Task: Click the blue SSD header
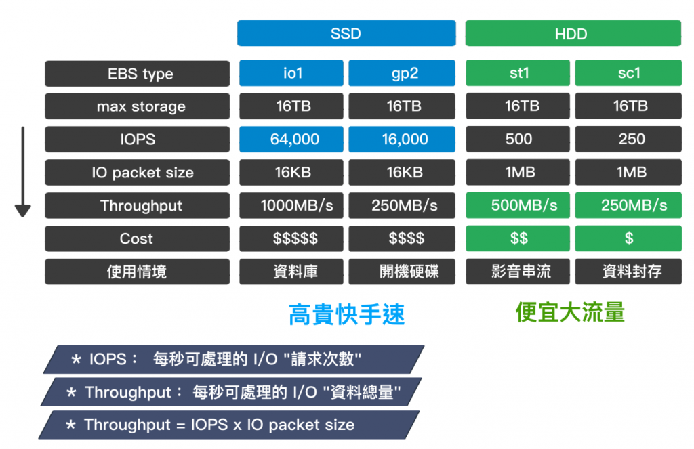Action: pyautogui.click(x=346, y=33)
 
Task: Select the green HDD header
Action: pyautogui.click(x=573, y=33)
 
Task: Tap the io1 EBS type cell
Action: pyautogui.click(x=291, y=73)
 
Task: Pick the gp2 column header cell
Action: pyautogui.click(x=402, y=73)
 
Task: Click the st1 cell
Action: pyautogui.click(x=518, y=73)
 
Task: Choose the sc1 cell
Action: pyautogui.click(x=628, y=73)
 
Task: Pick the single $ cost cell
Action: pyautogui.click(x=628, y=238)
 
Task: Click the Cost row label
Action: pyautogui.click(x=137, y=238)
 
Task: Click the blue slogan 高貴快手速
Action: pyautogui.click(x=346, y=314)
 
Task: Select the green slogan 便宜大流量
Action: pyautogui.click(x=570, y=312)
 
